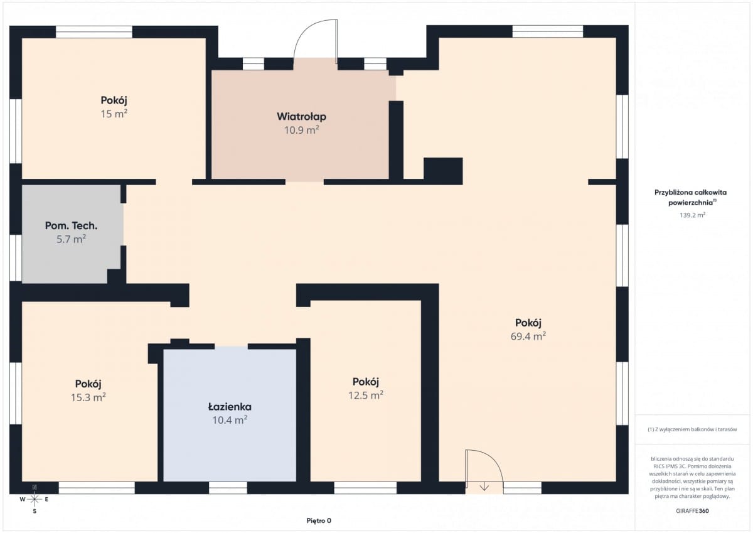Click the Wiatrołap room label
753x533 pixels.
click(302, 117)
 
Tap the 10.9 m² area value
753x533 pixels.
click(302, 130)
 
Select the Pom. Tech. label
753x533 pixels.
click(72, 225)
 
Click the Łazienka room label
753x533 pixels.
click(230, 407)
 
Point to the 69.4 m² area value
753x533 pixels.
click(528, 336)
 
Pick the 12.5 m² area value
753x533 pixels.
click(366, 395)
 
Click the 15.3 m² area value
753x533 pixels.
click(88, 397)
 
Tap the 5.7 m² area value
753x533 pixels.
click(72, 239)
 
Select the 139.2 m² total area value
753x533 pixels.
click(692, 215)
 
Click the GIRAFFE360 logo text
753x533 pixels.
click(692, 511)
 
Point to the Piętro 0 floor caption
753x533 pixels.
click(319, 520)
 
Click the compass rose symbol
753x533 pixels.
click(35, 499)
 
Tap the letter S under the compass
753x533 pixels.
click(35, 511)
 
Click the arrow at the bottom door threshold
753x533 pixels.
click(484, 487)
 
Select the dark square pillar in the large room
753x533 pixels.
click(443, 171)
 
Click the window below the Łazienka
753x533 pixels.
click(228, 488)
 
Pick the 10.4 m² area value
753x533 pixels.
click(230, 420)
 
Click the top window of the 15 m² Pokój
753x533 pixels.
click(94, 32)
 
